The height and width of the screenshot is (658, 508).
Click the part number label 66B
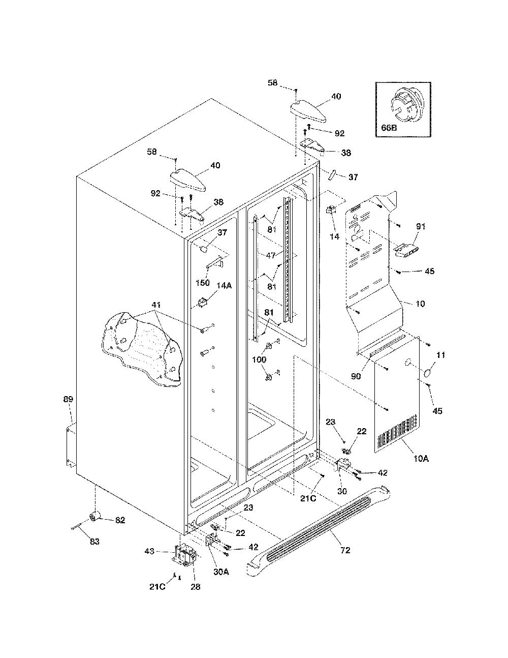(389, 128)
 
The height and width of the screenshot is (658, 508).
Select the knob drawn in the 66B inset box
(404, 106)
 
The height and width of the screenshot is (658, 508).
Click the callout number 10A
(421, 459)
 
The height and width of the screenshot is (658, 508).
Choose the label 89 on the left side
(68, 399)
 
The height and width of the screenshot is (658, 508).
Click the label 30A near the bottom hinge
(221, 572)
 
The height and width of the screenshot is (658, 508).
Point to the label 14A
(224, 285)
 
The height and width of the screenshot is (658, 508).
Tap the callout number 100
(259, 360)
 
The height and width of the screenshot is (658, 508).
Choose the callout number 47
(271, 255)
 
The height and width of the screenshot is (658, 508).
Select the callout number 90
(356, 376)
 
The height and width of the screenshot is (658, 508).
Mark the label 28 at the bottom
(196, 586)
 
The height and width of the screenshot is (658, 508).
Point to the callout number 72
(345, 550)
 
